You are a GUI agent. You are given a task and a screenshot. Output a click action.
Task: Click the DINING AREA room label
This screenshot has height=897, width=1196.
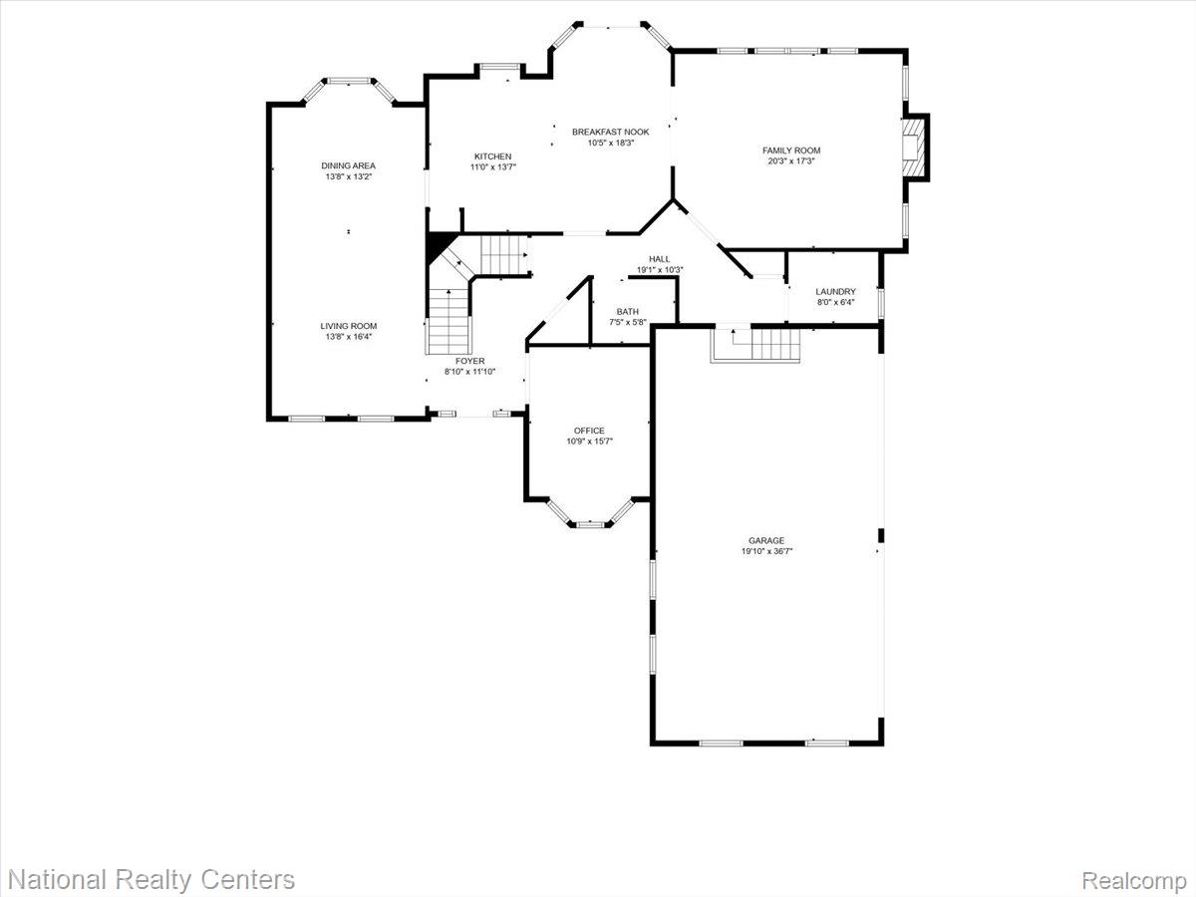click(348, 165)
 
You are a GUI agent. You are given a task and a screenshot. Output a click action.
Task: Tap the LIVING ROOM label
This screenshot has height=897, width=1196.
click(348, 326)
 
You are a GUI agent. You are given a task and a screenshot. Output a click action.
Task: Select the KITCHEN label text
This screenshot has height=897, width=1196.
click(492, 156)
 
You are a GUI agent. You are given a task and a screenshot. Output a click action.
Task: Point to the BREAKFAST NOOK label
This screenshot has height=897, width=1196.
click(610, 132)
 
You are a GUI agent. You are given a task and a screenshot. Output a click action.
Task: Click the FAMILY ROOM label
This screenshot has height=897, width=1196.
click(791, 150)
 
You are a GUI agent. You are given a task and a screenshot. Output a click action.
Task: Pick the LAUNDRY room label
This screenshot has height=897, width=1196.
click(835, 292)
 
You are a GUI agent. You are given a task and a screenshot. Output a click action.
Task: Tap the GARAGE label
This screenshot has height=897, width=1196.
click(766, 541)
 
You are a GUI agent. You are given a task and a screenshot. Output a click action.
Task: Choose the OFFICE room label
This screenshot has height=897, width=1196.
click(588, 431)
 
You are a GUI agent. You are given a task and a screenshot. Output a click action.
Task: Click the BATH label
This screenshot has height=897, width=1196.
click(627, 312)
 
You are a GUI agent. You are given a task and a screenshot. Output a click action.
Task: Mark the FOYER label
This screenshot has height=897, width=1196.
click(469, 361)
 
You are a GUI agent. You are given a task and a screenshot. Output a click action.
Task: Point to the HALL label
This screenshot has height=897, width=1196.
click(659, 259)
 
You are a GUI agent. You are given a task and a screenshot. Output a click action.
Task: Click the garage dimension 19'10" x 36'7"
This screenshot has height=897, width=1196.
click(766, 551)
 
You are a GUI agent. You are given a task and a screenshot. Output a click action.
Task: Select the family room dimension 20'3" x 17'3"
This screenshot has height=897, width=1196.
click(791, 161)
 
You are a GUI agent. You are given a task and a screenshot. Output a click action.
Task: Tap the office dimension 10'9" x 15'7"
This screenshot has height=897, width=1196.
click(588, 442)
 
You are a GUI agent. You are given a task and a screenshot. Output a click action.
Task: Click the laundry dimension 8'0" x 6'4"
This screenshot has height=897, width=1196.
click(835, 303)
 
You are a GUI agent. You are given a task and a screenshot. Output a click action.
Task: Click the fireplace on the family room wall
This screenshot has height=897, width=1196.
click(914, 148)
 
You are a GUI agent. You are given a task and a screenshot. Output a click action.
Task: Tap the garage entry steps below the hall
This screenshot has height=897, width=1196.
click(755, 345)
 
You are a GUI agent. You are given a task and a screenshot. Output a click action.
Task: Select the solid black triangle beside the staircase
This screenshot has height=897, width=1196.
click(437, 246)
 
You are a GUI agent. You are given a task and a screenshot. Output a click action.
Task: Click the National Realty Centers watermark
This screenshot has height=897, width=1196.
click(150, 880)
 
